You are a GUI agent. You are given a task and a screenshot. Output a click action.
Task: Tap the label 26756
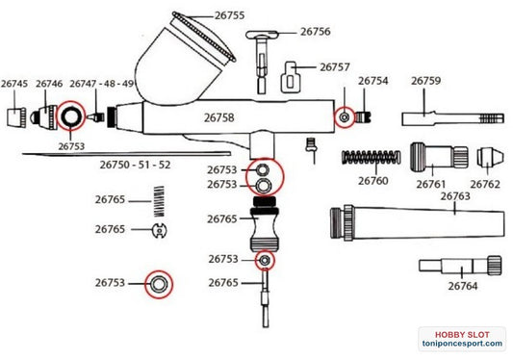[x=315, y=32]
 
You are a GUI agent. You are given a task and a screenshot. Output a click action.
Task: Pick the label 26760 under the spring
[x=372, y=181]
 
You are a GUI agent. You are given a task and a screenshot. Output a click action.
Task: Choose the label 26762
[x=485, y=185]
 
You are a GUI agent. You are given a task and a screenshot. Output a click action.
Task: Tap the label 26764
[x=463, y=286]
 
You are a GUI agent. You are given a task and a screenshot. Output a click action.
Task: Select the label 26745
[x=14, y=84]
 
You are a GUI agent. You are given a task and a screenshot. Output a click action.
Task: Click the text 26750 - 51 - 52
[x=135, y=165]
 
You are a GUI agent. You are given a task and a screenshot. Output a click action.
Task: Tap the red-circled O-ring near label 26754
[x=345, y=116]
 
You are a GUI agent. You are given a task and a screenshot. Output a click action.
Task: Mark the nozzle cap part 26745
[x=14, y=117]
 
